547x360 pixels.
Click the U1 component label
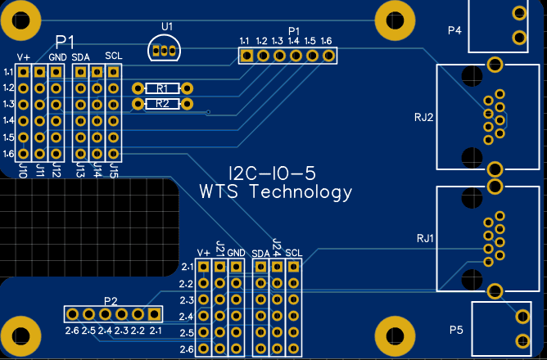pos(167,27)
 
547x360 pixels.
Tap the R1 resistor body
pos(162,88)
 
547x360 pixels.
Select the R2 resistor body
pos(162,104)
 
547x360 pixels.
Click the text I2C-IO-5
pos(271,173)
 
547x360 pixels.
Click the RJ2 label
pos(423,117)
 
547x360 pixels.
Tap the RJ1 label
pos(424,239)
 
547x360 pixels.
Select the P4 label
pos(455,31)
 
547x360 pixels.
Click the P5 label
pos(456,330)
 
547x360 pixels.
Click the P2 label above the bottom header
pos(111,300)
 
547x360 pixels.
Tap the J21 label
pos(219,247)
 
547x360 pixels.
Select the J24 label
pos(276,245)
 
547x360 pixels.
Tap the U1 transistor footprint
pos(166,49)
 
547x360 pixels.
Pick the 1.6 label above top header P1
pos(326,41)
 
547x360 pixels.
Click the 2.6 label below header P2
pos(72,331)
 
